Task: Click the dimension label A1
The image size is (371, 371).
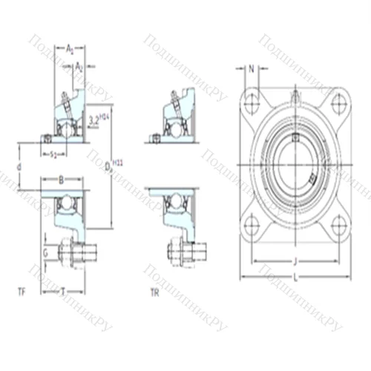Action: point(70,48)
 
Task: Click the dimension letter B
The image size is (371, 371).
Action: point(62,179)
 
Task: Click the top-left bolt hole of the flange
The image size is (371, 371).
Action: point(252,102)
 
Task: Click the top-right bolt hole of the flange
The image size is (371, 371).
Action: point(339,102)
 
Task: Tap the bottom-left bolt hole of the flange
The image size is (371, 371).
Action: point(252,223)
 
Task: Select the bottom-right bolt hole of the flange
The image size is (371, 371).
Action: point(339,223)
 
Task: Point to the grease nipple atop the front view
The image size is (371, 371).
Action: point(295,95)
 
